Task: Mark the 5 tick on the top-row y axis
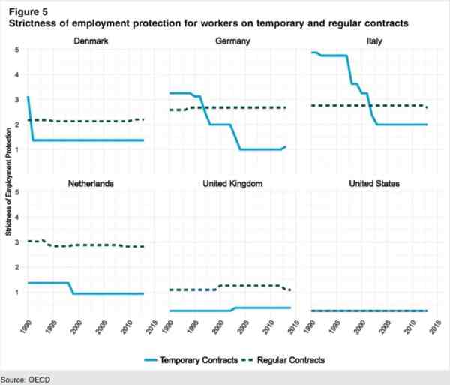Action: pos(16,50)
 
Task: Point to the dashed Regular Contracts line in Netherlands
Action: pos(90,245)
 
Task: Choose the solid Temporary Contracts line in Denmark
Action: pos(90,140)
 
